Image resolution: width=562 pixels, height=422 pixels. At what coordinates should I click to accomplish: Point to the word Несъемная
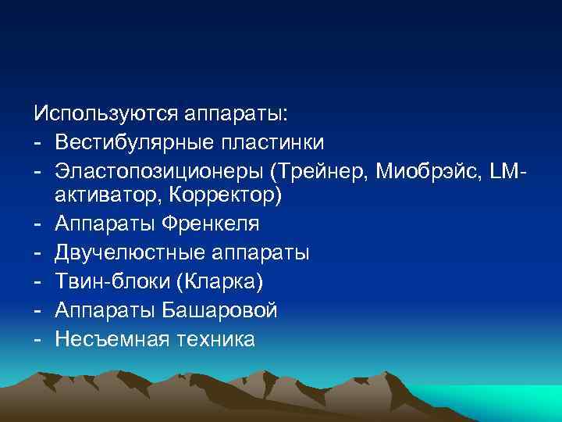tap(107, 339)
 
